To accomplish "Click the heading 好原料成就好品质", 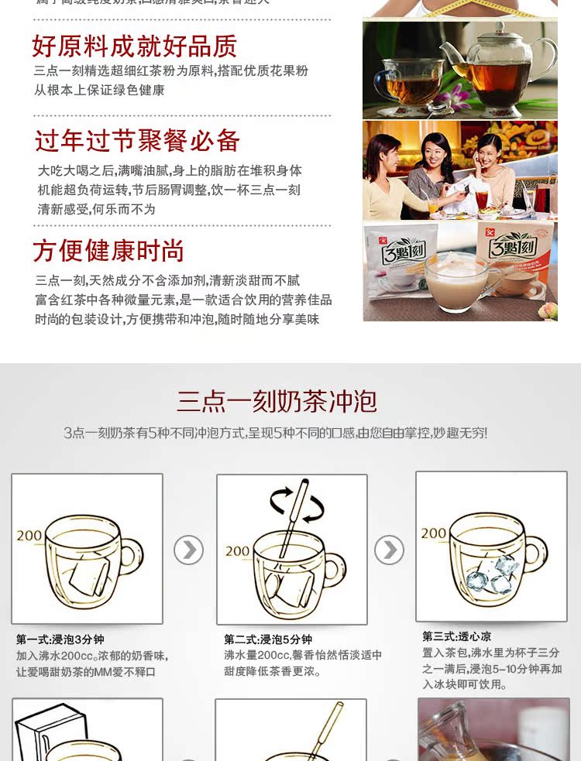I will coord(134,46).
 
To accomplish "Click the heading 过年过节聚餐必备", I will coord(137,141).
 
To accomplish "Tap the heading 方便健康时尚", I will coord(108,251).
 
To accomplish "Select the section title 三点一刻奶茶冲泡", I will coord(277,401).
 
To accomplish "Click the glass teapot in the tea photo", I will coord(496,70).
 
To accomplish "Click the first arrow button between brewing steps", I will coord(188,550).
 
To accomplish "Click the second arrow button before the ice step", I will coord(389,550).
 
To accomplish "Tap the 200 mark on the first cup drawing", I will coord(29,535).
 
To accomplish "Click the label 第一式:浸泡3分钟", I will coord(60,639).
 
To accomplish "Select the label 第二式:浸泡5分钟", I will coord(267,639).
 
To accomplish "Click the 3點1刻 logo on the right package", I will coord(517,249).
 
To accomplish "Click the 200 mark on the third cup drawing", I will coord(434,533).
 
